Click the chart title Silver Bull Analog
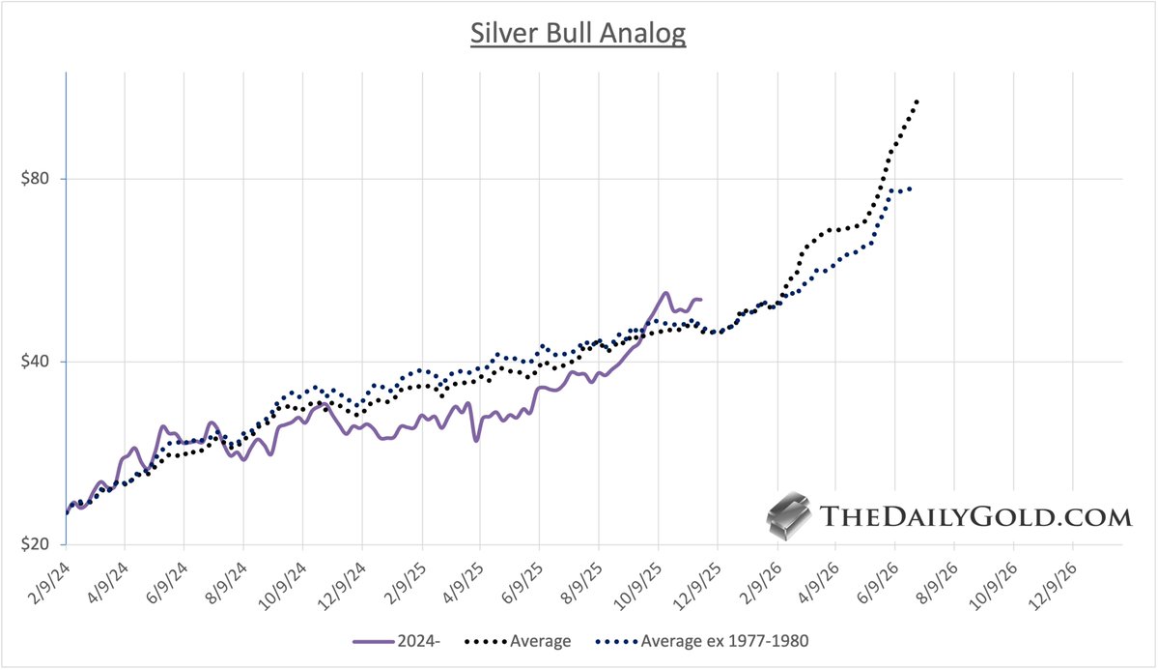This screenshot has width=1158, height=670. coord(578,33)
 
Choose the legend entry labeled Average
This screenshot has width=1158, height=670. coord(522,641)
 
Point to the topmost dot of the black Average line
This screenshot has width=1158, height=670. coord(916,102)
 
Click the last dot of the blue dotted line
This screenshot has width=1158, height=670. coord(910,188)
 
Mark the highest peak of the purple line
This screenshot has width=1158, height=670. coord(665,293)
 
